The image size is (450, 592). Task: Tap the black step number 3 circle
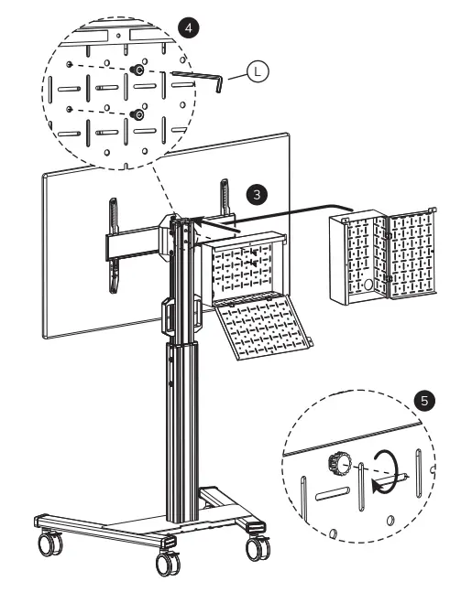coord(258,193)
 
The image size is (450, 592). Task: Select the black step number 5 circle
coord(423,402)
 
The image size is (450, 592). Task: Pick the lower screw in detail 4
coord(137,113)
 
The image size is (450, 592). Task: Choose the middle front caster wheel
coord(167,565)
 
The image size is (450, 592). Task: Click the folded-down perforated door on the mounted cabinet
coord(265,329)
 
